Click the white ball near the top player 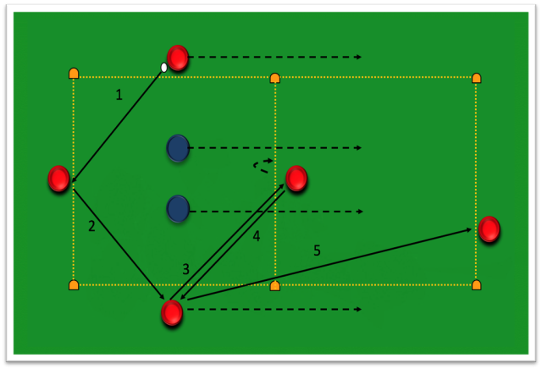coord(163,68)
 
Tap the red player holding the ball coord(178,58)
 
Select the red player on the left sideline coord(58,179)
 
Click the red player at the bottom coord(172,312)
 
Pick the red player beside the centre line coord(296,179)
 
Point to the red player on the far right coord(489,229)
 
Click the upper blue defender coord(178,148)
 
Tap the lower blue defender coord(178,209)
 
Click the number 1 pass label coord(119,95)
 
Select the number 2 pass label coord(91,226)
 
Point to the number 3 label coord(186,269)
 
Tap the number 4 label coord(256,236)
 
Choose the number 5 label coord(317,251)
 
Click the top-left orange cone coord(74,74)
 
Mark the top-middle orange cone coord(274,78)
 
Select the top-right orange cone coord(476,78)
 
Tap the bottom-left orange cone coord(74,285)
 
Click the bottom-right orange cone coord(476,285)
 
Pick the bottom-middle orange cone coord(274,286)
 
